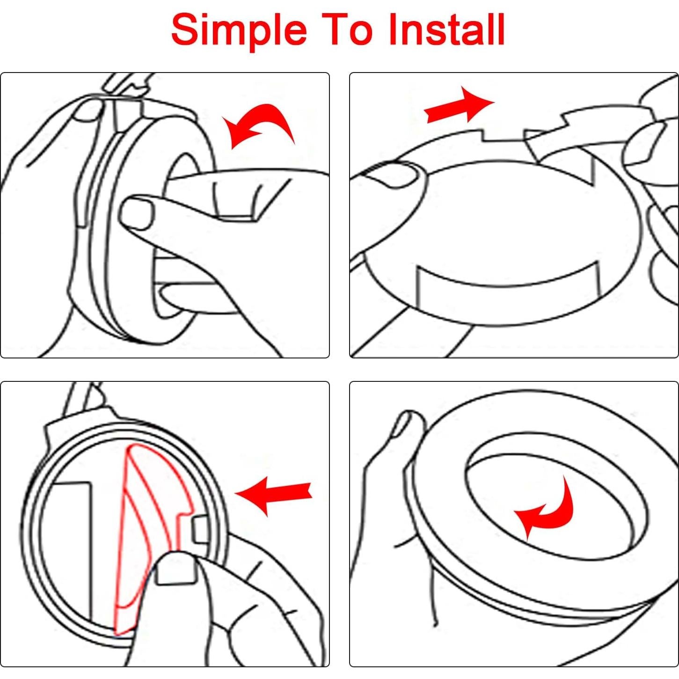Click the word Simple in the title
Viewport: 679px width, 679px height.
pyautogui.click(x=239, y=30)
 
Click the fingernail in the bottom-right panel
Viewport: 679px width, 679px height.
pyautogui.click(x=402, y=423)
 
